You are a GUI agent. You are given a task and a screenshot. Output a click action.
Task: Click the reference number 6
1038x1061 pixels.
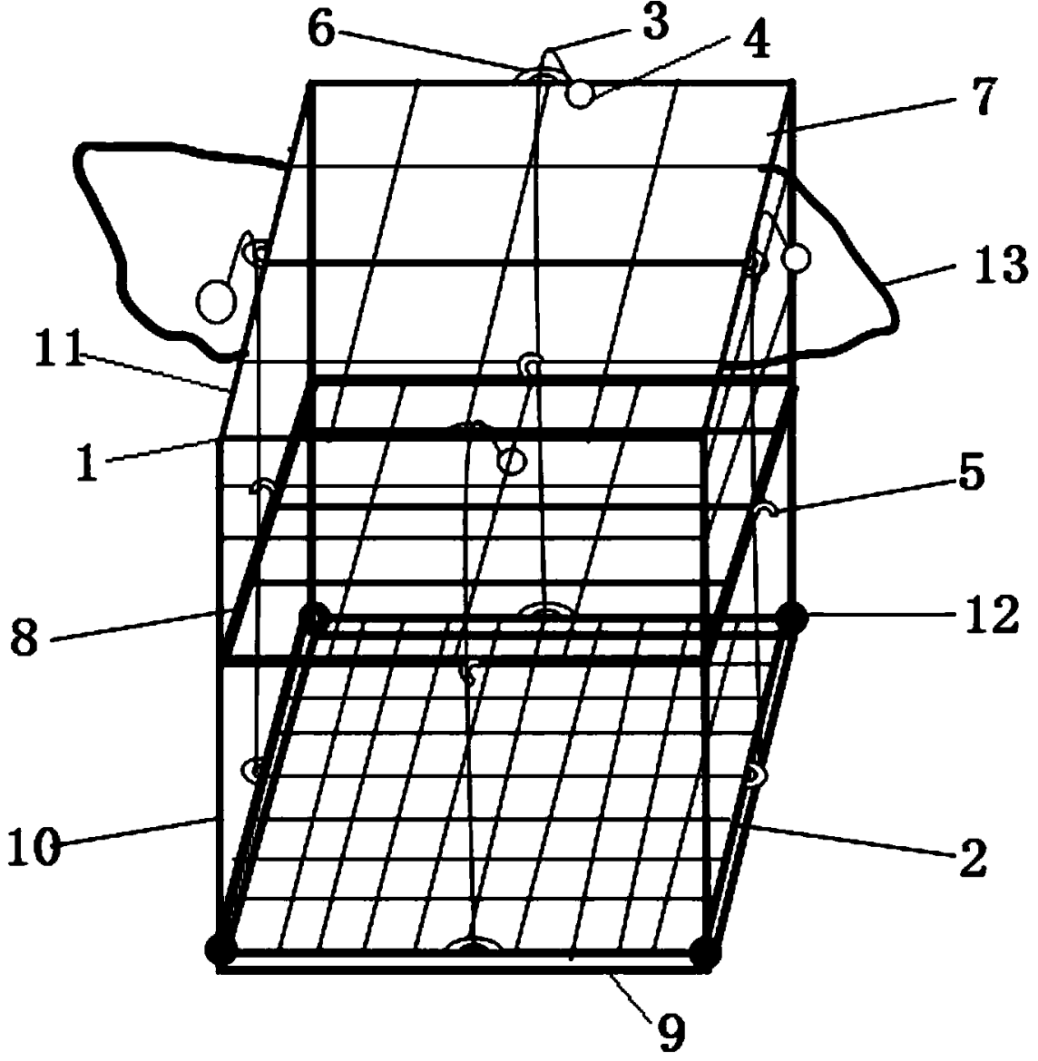[319, 29]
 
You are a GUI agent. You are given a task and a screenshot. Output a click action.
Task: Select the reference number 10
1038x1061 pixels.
[33, 849]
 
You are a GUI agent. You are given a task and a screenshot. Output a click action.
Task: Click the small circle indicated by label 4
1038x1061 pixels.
[579, 93]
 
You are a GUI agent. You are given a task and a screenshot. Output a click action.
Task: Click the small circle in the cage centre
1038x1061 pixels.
[513, 462]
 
